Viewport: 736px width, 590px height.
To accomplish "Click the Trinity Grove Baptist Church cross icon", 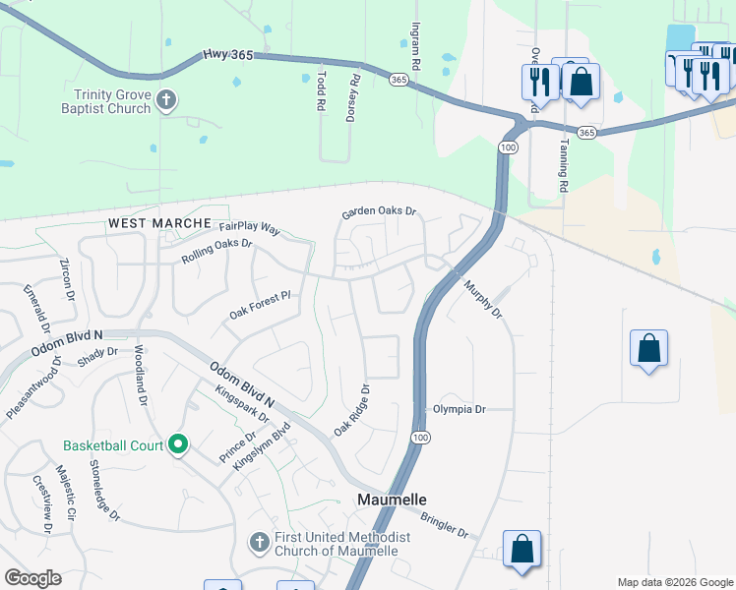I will (x=166, y=99).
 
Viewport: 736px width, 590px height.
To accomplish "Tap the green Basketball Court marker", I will (x=178, y=445).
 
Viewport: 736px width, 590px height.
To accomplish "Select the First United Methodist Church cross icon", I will (x=259, y=543).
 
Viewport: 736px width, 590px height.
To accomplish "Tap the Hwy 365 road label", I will (x=228, y=57).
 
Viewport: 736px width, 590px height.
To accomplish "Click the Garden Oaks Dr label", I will (x=379, y=211).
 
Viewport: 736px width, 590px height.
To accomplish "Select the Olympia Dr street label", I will (x=460, y=409).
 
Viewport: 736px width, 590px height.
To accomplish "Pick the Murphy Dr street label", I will (x=483, y=298).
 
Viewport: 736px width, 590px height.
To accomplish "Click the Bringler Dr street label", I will (x=445, y=525).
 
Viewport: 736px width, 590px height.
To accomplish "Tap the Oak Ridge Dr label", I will (x=351, y=411).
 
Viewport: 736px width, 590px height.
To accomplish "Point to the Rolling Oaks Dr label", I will (x=217, y=250).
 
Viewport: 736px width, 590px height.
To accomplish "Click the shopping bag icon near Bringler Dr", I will (x=521, y=550).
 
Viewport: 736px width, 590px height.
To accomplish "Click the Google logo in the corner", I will (x=33, y=578).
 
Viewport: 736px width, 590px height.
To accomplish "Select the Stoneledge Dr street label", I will (x=104, y=489).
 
